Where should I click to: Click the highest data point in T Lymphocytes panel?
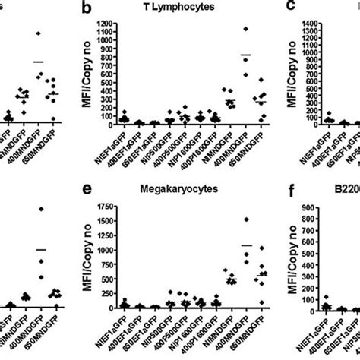[x=245, y=30]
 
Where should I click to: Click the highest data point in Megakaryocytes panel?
[x=245, y=219]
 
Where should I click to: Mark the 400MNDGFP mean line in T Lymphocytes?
[x=245, y=55]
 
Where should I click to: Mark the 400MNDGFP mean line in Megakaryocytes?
[x=245, y=245]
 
